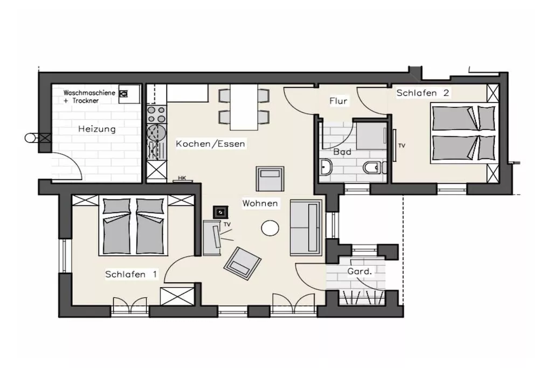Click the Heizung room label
(97, 129)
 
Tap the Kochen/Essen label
(210, 143)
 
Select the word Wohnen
(260, 203)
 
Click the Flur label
(339, 101)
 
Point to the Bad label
(342, 151)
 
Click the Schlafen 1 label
(131, 274)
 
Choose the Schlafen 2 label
(423, 93)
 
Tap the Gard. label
(360, 271)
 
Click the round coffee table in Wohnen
(270, 228)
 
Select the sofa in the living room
(306, 227)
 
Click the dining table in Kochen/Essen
(244, 107)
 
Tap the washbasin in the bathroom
(326, 167)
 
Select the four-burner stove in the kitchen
(156, 114)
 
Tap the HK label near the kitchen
(182, 178)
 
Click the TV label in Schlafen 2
(402, 145)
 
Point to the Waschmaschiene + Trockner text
(89, 97)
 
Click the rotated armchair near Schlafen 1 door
(243, 263)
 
